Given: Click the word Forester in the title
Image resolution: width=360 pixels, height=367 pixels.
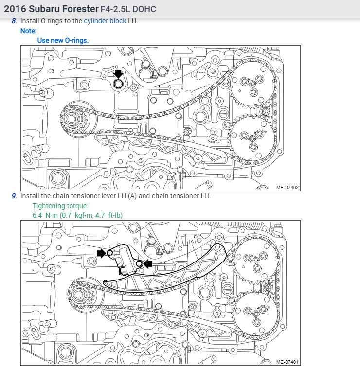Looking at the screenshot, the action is pyautogui.click(x=80, y=9).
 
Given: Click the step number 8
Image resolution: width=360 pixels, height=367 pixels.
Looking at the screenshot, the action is pyautogui.click(x=14, y=21).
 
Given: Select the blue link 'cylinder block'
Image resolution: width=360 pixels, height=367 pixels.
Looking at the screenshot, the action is pyautogui.click(x=105, y=21).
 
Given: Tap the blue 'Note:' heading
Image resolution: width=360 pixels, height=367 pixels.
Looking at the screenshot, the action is pyautogui.click(x=28, y=31).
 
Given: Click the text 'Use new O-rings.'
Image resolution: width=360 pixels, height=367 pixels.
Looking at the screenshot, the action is pyautogui.click(x=63, y=40).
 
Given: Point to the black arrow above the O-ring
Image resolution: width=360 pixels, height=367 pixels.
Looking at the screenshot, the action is pyautogui.click(x=118, y=73).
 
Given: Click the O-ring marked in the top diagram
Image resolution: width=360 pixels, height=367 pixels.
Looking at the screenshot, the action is pyautogui.click(x=118, y=84).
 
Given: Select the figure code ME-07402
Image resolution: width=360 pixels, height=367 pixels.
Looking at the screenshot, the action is pyautogui.click(x=288, y=187).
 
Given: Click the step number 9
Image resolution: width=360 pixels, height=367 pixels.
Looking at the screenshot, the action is pyautogui.click(x=14, y=196).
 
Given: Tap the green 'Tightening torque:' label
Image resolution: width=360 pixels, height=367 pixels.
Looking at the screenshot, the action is pyautogui.click(x=60, y=206).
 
